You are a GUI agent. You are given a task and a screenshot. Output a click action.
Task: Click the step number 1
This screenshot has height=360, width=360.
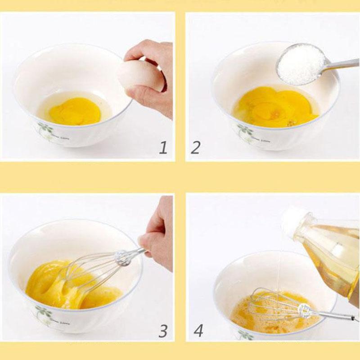pos(163,147)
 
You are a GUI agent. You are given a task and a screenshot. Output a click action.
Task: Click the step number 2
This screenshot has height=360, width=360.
pos(195,147)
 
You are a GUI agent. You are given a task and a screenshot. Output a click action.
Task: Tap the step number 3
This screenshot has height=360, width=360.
pos(163,331)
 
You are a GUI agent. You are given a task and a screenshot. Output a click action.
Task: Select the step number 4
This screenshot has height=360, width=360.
pos(198,331)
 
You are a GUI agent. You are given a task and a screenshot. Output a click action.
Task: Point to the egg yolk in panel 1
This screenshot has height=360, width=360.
pos(75,111)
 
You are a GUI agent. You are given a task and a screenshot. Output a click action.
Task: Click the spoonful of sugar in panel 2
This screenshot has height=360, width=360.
pos(301,64)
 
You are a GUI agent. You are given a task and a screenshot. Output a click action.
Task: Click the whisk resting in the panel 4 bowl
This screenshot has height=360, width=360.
pos(279,304)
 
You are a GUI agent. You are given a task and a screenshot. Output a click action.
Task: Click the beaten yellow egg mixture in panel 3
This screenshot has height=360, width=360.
pos(49,288)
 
